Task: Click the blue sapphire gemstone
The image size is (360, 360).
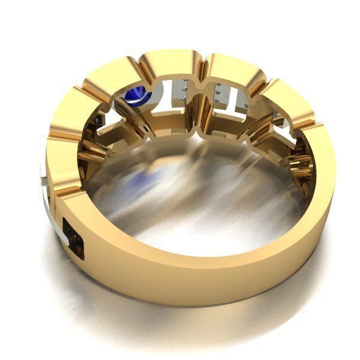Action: (x=137, y=94)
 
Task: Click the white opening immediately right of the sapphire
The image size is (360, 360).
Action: (x=165, y=96)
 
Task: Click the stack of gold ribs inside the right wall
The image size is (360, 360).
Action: (x=300, y=162)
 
